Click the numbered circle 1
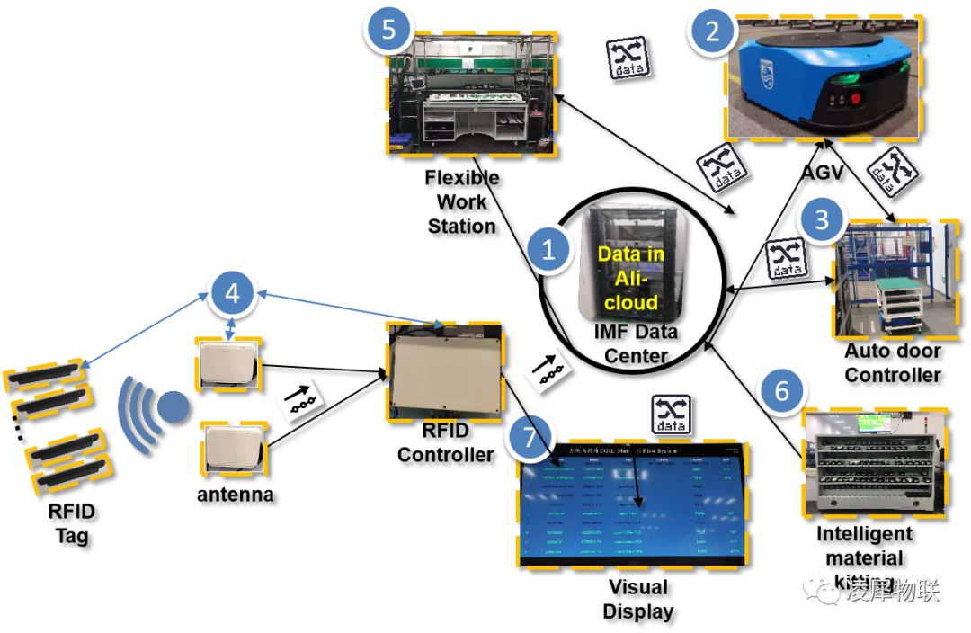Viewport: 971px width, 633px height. (548, 250)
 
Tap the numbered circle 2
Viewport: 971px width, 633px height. (712, 32)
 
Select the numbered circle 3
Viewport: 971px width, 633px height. (821, 218)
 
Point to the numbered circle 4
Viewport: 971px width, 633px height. (232, 292)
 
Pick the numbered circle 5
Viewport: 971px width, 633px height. (388, 30)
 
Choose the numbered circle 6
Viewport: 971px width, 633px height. (781, 391)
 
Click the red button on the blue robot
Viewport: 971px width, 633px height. (855, 98)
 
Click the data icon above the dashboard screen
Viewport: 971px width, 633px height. (672, 415)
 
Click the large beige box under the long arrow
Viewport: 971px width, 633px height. (445, 370)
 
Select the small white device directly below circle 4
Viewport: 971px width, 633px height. (229, 365)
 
